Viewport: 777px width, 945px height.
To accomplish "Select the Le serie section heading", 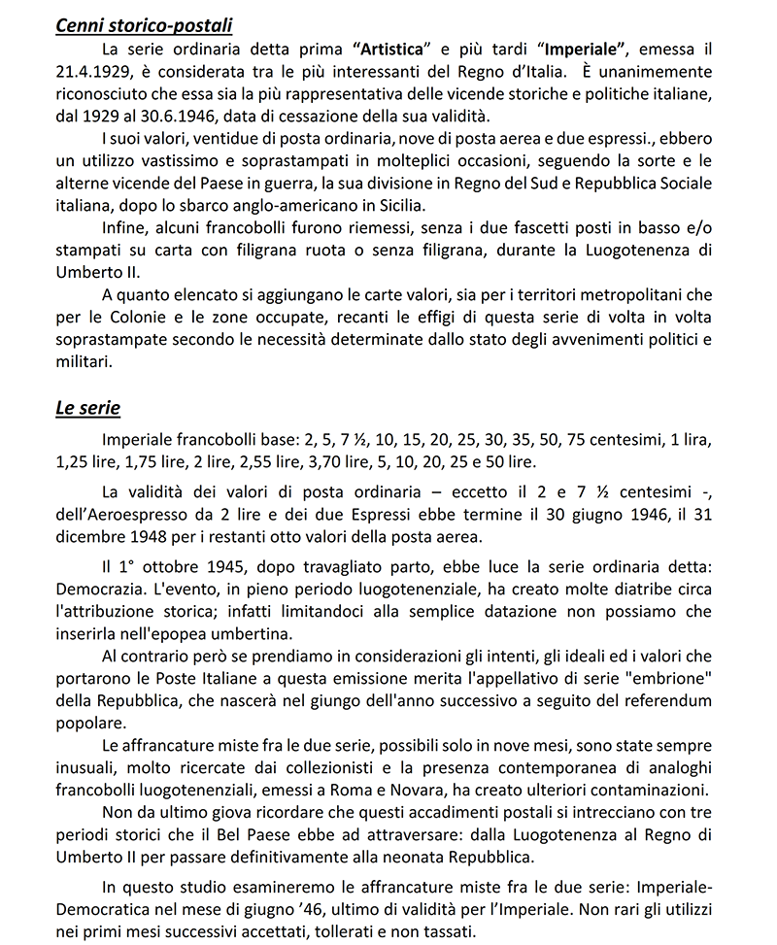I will point(87,408).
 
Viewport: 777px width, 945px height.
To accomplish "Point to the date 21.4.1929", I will point(94,73).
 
